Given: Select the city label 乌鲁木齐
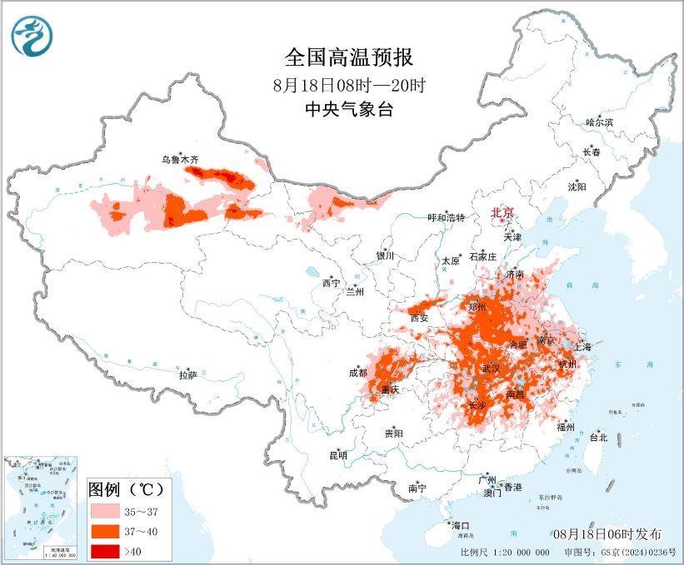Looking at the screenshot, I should click(181, 159).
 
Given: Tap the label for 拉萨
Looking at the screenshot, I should click(187, 375).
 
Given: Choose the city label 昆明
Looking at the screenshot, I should click(337, 455).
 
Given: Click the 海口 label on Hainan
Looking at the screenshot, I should click(461, 525).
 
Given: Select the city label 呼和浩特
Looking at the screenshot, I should click(446, 217).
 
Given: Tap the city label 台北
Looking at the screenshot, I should click(598, 437).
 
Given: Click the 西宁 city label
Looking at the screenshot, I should click(331, 284).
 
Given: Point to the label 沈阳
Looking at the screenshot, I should click(577, 186).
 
